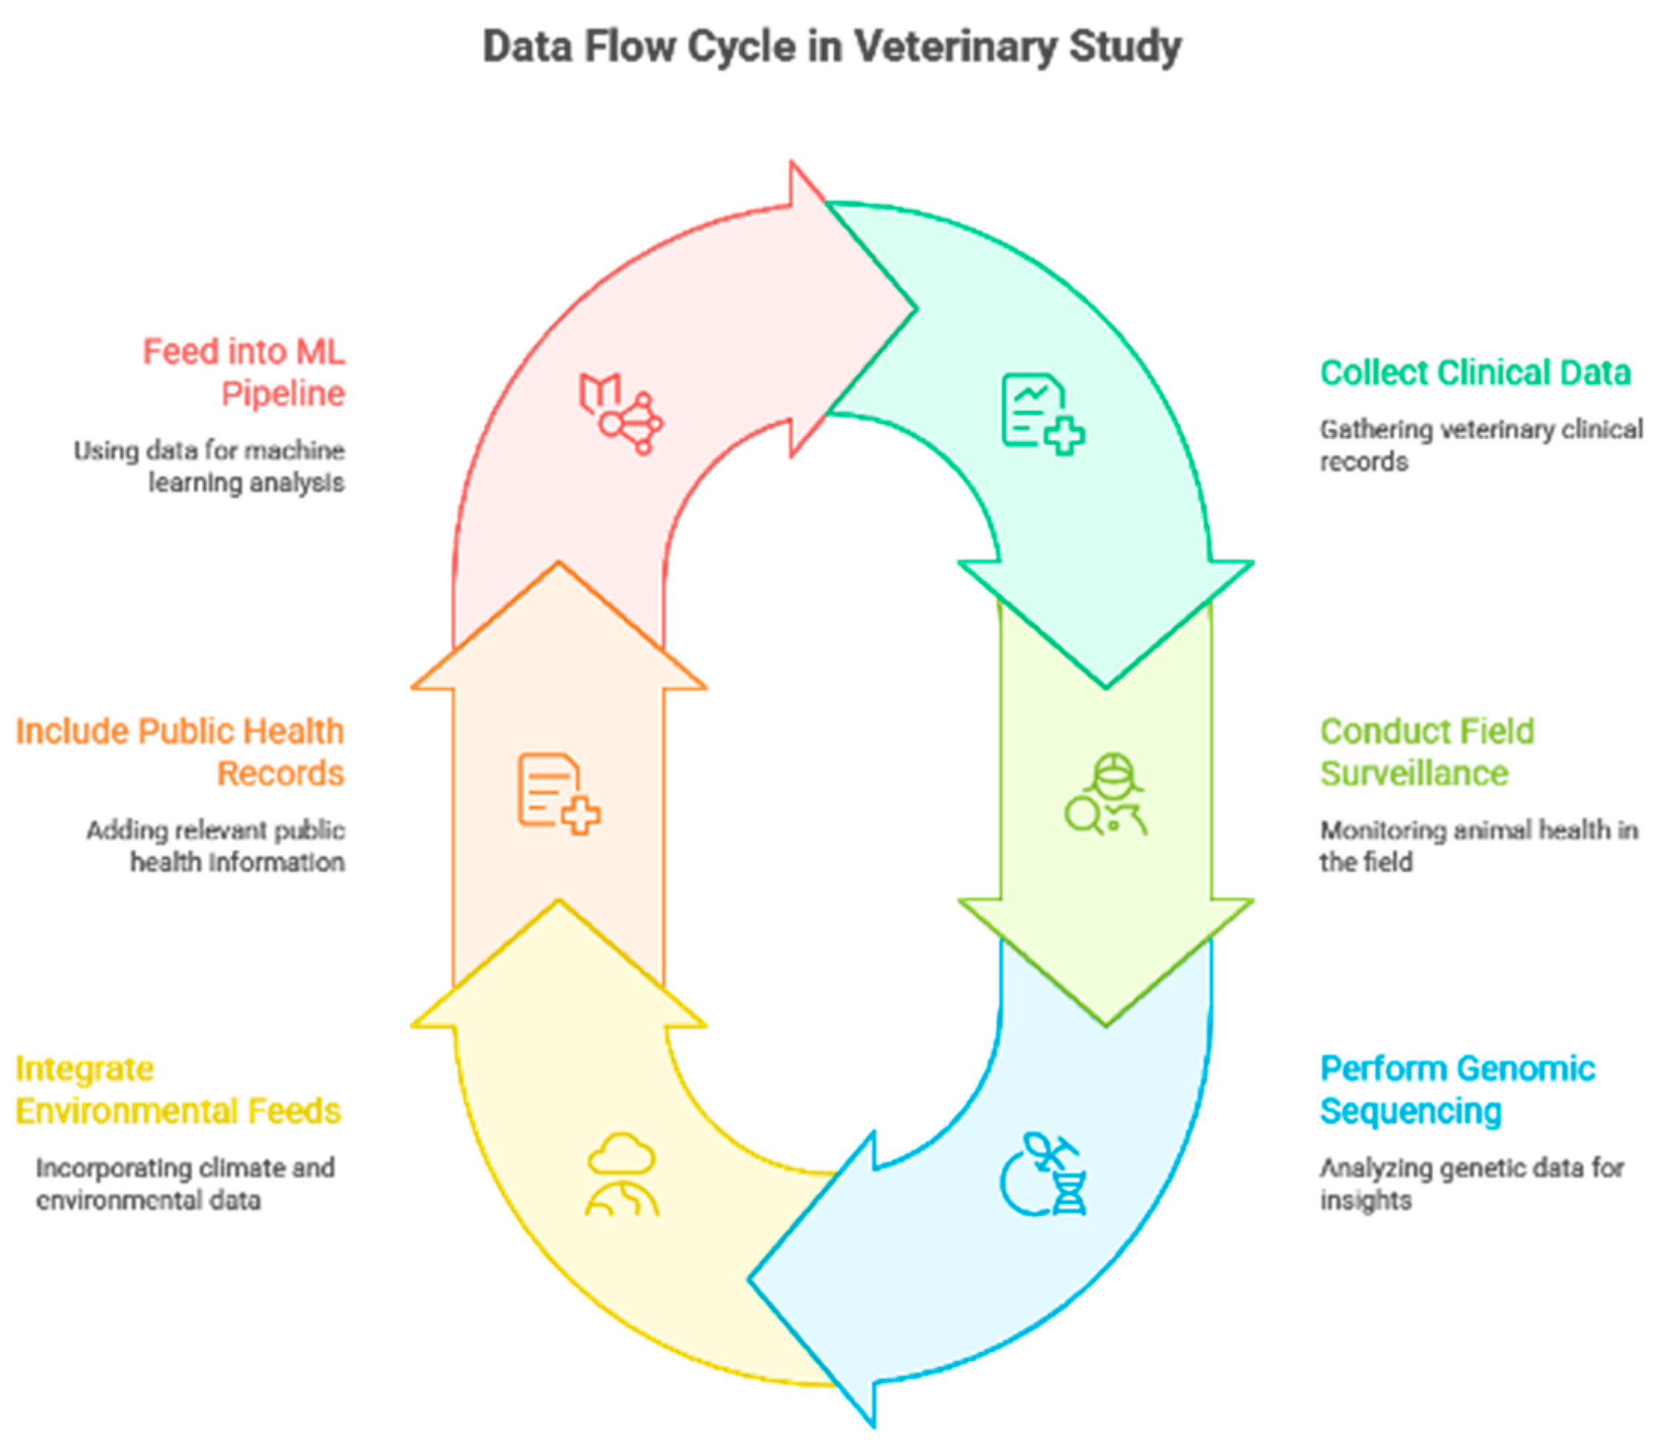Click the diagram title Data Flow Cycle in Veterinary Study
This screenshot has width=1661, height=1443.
[831, 47]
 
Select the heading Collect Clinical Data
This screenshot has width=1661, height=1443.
[1475, 373]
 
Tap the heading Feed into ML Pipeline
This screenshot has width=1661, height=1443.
[245, 373]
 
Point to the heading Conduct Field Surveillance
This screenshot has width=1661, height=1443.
[1426, 752]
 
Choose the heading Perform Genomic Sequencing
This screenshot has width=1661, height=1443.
[1457, 1089]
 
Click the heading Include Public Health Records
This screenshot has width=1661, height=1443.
[181, 752]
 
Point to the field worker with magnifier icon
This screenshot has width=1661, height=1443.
[1106, 794]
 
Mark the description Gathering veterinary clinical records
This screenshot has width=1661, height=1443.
[1480, 445]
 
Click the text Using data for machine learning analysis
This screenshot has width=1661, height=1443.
[209, 466]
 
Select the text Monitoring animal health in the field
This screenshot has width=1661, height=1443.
[1478, 846]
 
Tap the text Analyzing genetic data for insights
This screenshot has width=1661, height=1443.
[1471, 1184]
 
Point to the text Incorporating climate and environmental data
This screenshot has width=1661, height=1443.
[185, 1184]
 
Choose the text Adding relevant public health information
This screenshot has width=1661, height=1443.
[216, 846]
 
